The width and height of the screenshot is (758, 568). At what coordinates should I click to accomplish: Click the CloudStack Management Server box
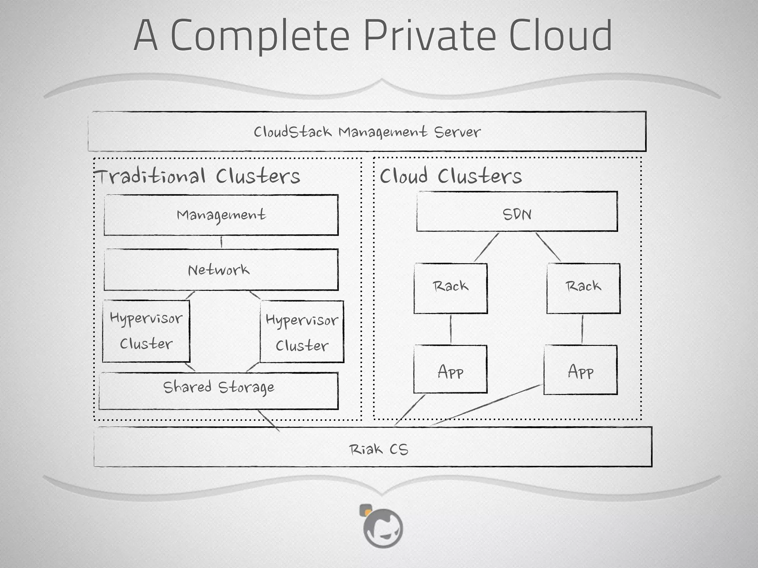(367, 132)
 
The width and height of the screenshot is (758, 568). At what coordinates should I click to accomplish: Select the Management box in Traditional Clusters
(221, 215)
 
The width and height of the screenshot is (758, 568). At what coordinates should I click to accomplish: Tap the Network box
(221, 270)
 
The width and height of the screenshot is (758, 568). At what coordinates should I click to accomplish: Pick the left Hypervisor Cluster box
(146, 331)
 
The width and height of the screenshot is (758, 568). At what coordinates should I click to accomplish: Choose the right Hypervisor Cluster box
(302, 332)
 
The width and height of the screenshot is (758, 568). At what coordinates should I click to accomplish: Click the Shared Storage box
(218, 391)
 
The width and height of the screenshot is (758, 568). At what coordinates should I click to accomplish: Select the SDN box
(517, 212)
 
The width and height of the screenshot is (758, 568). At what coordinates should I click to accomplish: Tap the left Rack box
(450, 288)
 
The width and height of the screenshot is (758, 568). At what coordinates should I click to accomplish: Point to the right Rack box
(583, 288)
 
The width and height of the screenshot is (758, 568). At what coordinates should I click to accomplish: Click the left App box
(450, 369)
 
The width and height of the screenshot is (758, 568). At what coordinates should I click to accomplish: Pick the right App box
(580, 370)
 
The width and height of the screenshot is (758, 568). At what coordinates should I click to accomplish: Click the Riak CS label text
(378, 449)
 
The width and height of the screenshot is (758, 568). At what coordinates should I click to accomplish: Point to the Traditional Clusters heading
(198, 176)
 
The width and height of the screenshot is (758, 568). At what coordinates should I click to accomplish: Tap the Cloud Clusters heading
(451, 176)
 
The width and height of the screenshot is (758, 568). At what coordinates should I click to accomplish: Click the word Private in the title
(429, 36)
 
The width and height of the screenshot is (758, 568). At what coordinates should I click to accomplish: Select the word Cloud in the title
(560, 36)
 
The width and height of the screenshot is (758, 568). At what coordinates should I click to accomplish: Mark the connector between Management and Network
(221, 242)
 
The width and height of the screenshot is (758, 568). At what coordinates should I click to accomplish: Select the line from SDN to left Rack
(486, 247)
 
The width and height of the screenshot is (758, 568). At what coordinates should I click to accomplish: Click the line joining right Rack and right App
(582, 329)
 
